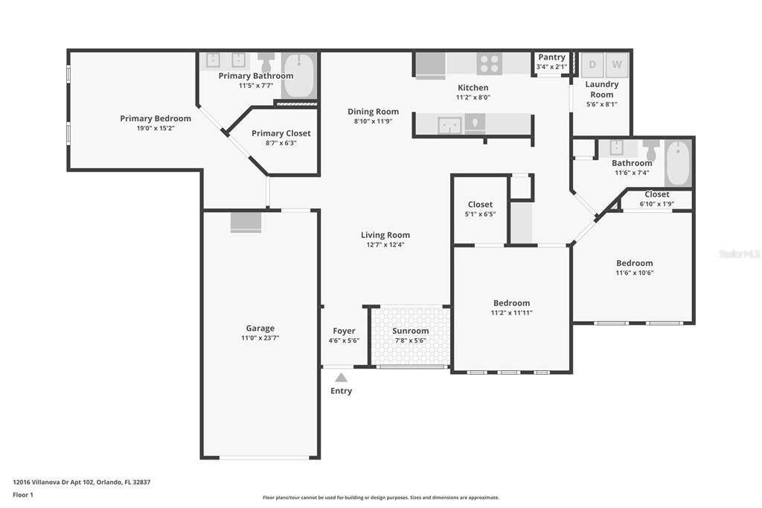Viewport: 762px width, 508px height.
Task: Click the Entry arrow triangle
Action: click(341, 378)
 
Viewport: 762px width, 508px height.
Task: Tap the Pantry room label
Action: click(551, 57)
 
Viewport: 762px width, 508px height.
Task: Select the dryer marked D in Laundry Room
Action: click(592, 64)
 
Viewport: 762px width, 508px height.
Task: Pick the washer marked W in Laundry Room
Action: click(616, 64)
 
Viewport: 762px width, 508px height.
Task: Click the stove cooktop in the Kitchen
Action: click(489, 64)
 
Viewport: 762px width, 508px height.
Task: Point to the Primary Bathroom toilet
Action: click(266, 63)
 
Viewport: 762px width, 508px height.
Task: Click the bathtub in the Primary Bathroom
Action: click(299, 75)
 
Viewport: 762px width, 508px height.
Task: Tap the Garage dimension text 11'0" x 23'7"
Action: click(260, 337)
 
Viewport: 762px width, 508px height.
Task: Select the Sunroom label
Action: click(410, 331)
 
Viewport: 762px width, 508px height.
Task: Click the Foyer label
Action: click(344, 331)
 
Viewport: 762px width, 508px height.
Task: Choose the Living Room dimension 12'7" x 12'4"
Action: click(385, 245)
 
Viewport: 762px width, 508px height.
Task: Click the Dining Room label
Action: click(373, 112)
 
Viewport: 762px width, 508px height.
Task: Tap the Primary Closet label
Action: click(281, 133)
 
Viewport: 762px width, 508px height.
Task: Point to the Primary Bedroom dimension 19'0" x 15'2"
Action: click(156, 128)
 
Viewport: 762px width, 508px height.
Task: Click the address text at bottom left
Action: click(82, 482)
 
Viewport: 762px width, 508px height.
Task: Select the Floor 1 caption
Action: click(23, 495)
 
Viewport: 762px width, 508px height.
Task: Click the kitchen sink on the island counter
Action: click(449, 125)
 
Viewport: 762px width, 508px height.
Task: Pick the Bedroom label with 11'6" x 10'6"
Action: click(634, 263)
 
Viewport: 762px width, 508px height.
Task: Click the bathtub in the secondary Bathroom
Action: click(677, 162)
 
